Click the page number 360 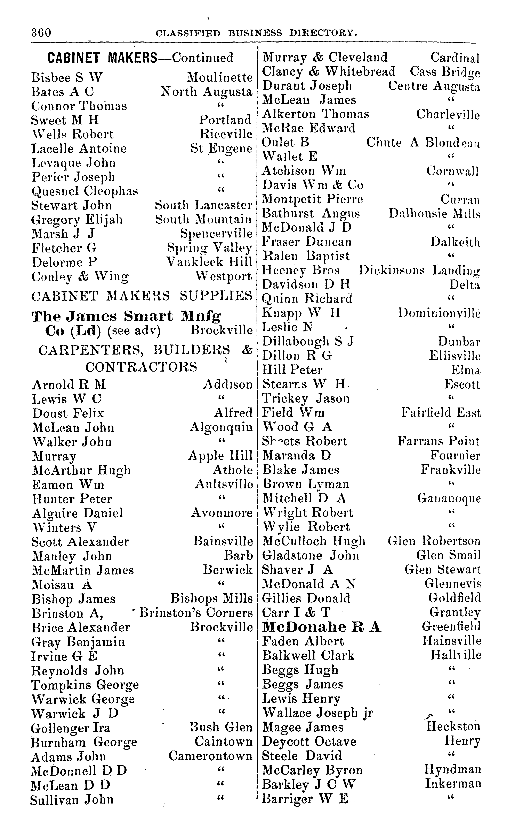point(41,33)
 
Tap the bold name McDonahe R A point(322,627)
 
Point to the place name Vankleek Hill point(209,262)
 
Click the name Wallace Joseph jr point(317,713)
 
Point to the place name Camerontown point(210,756)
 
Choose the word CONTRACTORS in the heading point(141,367)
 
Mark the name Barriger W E point(305,799)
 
